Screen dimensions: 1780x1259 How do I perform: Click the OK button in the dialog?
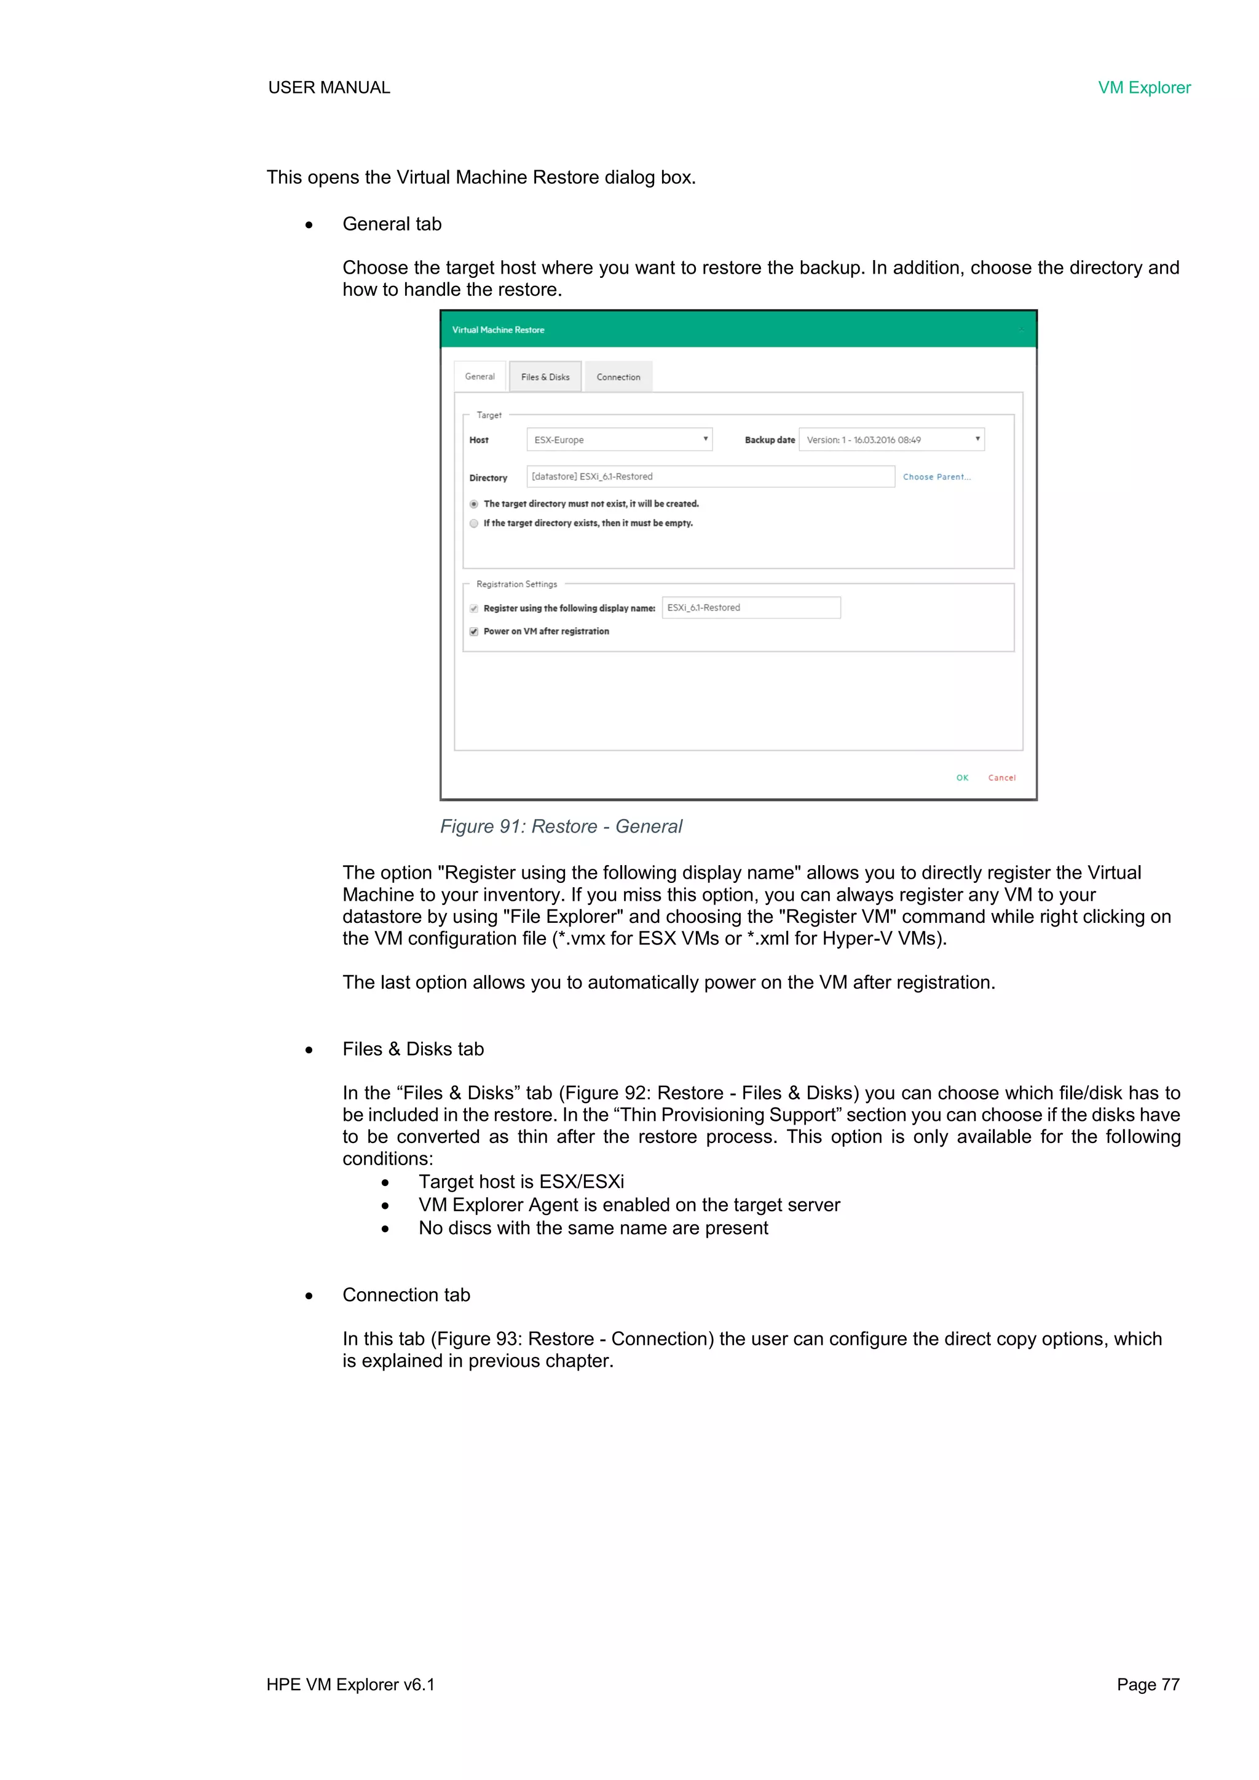pyautogui.click(x=962, y=778)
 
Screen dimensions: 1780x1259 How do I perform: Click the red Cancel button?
pyautogui.click(x=1001, y=778)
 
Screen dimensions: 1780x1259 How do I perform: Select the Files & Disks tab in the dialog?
pyautogui.click(x=545, y=377)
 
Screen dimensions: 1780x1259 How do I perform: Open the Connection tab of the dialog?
pyautogui.click(x=618, y=377)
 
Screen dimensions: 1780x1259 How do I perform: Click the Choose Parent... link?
pyautogui.click(x=936, y=477)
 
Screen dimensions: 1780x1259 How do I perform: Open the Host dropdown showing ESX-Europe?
pyautogui.click(x=618, y=440)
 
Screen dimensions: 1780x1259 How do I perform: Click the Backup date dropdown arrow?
pyautogui.click(x=977, y=439)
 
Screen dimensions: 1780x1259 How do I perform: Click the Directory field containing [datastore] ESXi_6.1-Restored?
pyautogui.click(x=710, y=477)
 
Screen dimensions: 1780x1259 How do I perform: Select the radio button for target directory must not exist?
pyautogui.click(x=474, y=504)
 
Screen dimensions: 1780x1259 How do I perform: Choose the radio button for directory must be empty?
pyautogui.click(x=474, y=523)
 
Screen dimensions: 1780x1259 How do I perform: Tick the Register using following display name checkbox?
pyautogui.click(x=474, y=609)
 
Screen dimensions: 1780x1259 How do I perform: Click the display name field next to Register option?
pyautogui.click(x=751, y=608)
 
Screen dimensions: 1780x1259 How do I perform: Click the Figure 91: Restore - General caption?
pyautogui.click(x=561, y=826)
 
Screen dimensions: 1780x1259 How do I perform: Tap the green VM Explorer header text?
pyautogui.click(x=1143, y=87)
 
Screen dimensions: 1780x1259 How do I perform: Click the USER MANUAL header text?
pyautogui.click(x=329, y=87)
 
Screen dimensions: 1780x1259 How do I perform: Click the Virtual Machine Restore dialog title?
pyautogui.click(x=498, y=330)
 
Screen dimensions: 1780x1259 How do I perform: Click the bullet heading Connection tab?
pyautogui.click(x=406, y=1295)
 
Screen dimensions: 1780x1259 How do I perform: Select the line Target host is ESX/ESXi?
pyautogui.click(x=521, y=1182)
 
